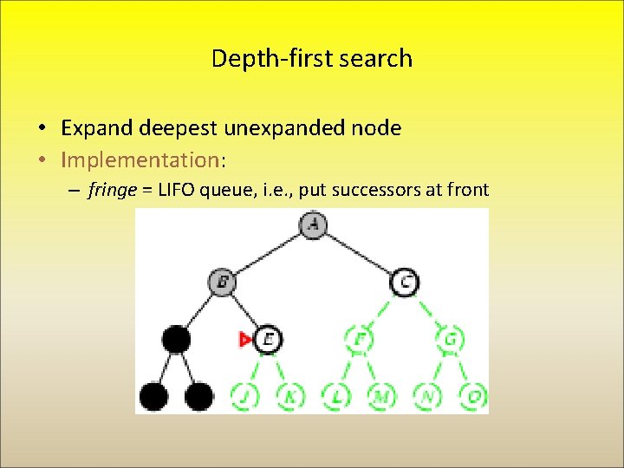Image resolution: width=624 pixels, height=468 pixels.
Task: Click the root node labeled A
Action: (x=314, y=225)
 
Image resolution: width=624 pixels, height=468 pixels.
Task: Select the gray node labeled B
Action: (x=222, y=282)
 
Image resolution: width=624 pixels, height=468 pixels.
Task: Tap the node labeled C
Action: (x=405, y=282)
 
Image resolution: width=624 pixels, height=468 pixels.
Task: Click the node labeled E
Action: (x=268, y=339)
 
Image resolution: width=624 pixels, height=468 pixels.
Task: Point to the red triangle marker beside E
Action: (x=245, y=340)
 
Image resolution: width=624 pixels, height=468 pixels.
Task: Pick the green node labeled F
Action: (x=359, y=339)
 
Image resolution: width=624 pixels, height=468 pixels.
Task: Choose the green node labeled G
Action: (x=451, y=339)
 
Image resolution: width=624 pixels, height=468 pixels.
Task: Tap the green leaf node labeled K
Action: (x=290, y=396)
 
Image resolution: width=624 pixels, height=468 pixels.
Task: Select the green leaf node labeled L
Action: (x=336, y=396)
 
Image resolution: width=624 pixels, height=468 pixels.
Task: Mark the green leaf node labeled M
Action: (x=381, y=396)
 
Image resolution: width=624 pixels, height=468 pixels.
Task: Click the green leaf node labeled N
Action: (x=427, y=396)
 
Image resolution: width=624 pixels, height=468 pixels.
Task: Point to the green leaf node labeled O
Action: (x=473, y=396)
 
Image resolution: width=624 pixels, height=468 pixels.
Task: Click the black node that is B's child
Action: (x=176, y=339)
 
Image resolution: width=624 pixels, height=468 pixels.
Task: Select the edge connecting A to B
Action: (x=268, y=253)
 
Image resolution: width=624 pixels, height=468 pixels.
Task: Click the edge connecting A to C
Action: (x=360, y=253)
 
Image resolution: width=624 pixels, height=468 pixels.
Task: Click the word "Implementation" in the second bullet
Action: (x=141, y=159)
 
